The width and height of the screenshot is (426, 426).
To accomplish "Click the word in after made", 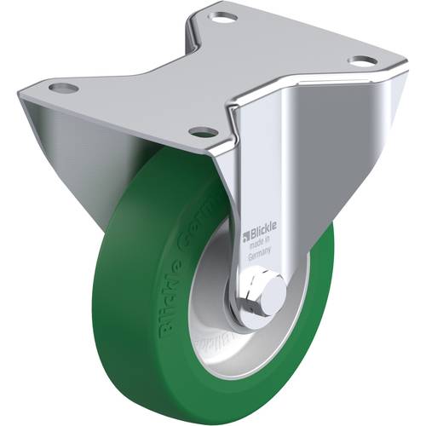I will coord(268,243).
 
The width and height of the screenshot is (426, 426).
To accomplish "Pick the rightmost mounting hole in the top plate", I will coord(362,60).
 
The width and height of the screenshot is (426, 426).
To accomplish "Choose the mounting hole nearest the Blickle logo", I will coord(202,131).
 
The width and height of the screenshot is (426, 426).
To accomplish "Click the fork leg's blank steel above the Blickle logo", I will coord(264,170).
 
